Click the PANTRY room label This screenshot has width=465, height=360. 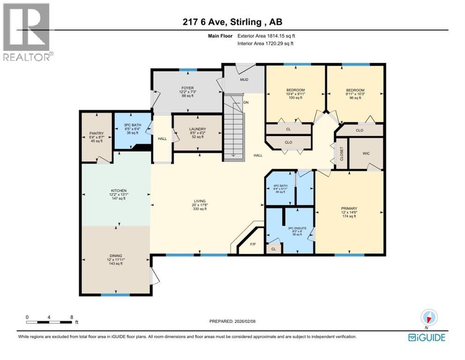[96, 133]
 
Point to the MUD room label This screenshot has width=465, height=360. [244, 80]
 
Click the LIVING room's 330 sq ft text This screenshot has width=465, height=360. [199, 209]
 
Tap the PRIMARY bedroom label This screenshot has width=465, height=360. [349, 209]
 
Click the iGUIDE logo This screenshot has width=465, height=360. [426, 337]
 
